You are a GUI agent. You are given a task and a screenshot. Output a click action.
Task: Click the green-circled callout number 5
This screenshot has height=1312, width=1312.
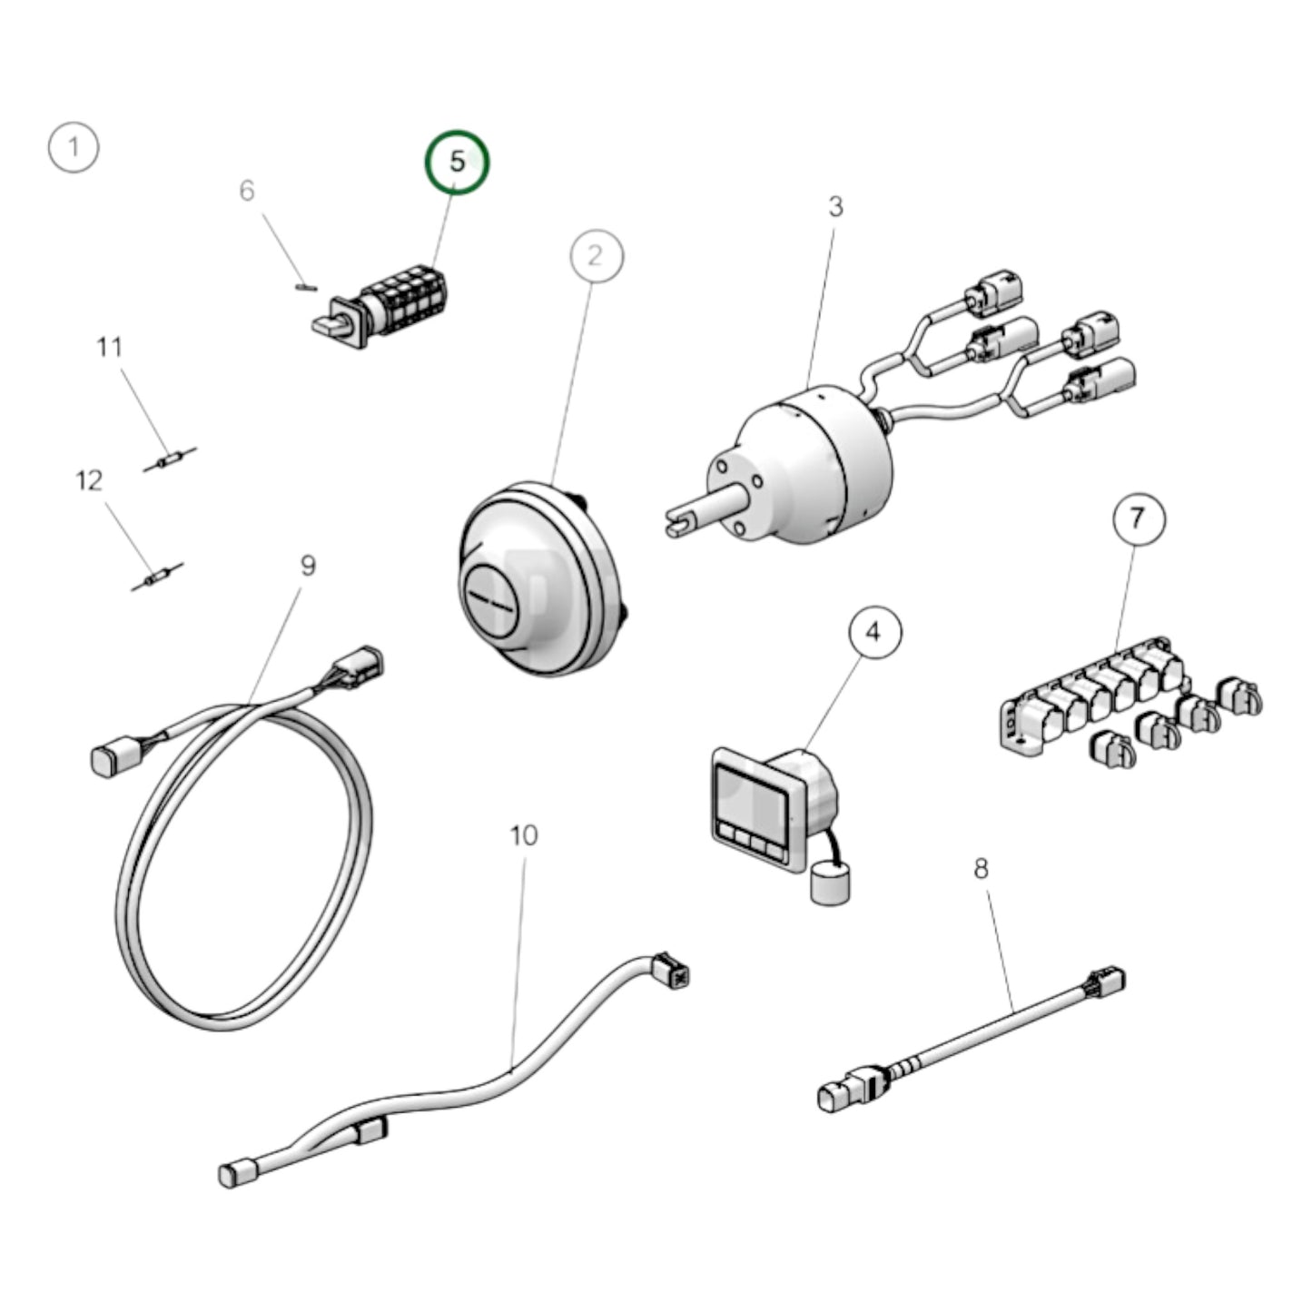(x=457, y=162)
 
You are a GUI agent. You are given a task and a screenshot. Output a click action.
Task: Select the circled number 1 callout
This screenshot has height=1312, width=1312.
(x=74, y=147)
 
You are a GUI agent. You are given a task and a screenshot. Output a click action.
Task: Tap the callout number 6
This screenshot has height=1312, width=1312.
(x=246, y=191)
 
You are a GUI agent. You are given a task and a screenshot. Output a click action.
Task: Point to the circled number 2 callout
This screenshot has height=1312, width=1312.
(x=596, y=257)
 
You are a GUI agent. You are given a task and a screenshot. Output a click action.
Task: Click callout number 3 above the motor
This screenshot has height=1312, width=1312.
(x=835, y=207)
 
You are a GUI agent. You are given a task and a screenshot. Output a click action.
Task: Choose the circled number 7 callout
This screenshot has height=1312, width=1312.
(x=1139, y=518)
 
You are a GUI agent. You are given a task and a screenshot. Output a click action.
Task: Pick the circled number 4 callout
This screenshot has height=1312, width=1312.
(x=874, y=633)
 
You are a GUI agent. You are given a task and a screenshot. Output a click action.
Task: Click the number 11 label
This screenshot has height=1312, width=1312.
(x=110, y=348)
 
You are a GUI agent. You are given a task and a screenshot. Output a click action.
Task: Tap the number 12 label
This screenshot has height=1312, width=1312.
(x=89, y=480)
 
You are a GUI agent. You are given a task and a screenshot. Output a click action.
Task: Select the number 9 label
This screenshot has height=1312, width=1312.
(x=309, y=565)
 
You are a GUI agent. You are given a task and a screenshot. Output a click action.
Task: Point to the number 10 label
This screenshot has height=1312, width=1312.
(x=524, y=835)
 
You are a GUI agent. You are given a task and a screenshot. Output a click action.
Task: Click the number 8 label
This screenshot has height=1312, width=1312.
(x=981, y=869)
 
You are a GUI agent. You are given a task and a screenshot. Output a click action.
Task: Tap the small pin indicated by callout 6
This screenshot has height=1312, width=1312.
(x=306, y=287)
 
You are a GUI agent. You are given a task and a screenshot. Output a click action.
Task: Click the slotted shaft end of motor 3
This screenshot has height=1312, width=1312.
(x=681, y=522)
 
